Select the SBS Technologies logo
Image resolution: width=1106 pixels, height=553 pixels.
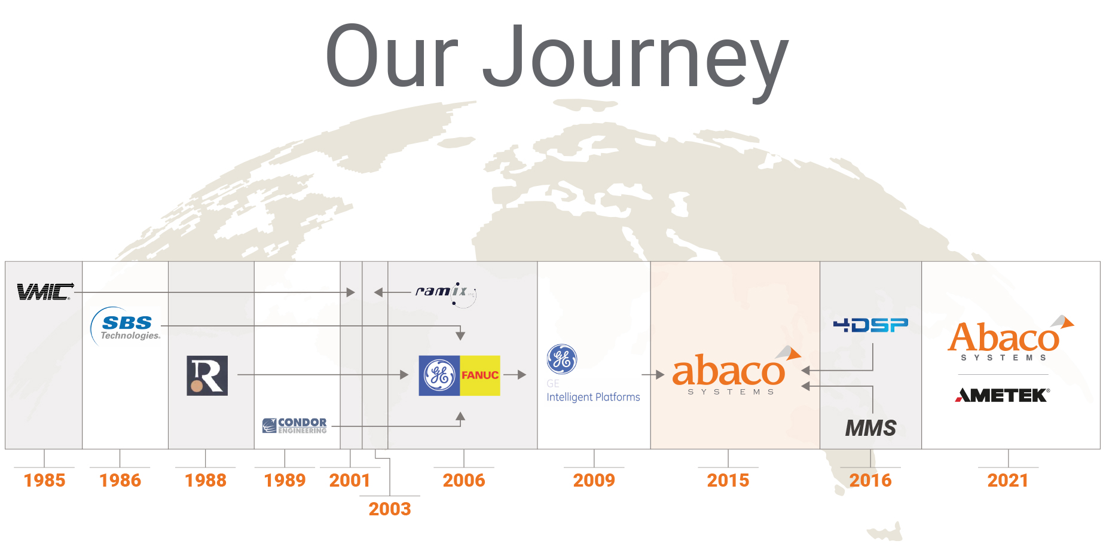point(127,327)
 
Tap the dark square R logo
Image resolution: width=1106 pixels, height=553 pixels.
point(207,375)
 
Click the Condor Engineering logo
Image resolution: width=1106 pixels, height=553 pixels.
point(295,426)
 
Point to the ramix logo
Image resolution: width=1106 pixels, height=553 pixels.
point(445,292)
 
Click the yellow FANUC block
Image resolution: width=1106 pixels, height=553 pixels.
point(480,375)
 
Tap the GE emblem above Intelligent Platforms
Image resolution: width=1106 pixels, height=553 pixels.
point(561,359)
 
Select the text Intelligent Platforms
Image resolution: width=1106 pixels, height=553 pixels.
point(593,397)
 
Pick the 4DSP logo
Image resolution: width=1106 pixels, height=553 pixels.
point(870,325)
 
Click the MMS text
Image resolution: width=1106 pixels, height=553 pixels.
point(870,428)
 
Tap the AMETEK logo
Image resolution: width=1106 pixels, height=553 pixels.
point(1003,395)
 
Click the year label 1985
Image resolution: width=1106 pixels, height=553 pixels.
point(44,480)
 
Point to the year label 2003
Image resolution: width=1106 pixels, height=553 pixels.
point(390,509)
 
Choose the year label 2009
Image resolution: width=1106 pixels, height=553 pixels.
point(594,480)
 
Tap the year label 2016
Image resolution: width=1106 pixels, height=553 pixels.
point(870,480)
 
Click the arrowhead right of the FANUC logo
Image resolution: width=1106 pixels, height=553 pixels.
point(522,375)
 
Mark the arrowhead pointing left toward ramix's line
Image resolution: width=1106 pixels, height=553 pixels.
point(378,292)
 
